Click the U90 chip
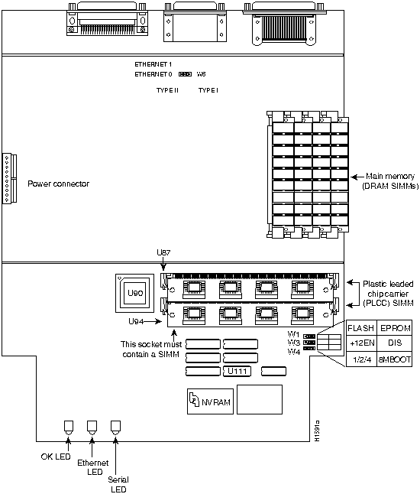click(x=134, y=293)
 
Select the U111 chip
click(x=237, y=371)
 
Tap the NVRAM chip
click(x=210, y=401)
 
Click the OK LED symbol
click(x=69, y=427)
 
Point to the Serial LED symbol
click(x=115, y=427)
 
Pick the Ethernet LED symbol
click(x=92, y=427)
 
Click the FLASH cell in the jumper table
click(x=361, y=328)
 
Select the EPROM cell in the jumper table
click(x=395, y=328)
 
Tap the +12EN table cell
click(x=361, y=343)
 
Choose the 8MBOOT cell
click(x=395, y=359)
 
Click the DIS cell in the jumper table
click(x=395, y=343)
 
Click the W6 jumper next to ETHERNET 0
click(x=185, y=74)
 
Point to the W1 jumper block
click(x=309, y=336)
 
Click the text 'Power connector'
click(x=59, y=184)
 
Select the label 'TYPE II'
click(x=167, y=90)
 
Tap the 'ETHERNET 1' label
click(x=153, y=64)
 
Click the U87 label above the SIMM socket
click(x=163, y=252)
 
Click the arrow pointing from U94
click(x=153, y=321)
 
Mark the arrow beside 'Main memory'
click(x=357, y=177)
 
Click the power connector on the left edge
click(x=9, y=179)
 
